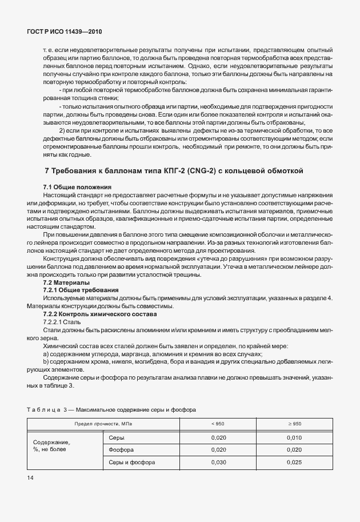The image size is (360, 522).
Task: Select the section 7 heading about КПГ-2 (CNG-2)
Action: click(x=173, y=170)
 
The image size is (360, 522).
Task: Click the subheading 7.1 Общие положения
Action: click(x=77, y=188)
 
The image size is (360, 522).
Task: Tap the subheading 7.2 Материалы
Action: click(x=66, y=282)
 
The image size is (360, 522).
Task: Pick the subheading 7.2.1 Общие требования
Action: click(x=78, y=290)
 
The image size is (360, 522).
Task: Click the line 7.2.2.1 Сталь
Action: click(x=63, y=322)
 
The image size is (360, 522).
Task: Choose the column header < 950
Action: click(x=218, y=423)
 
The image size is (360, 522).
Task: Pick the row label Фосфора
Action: click(x=121, y=449)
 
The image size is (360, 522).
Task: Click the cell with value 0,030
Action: click(x=218, y=462)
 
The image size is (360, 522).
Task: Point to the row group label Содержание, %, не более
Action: click(x=51, y=446)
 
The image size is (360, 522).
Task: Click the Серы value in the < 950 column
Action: click(x=218, y=437)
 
